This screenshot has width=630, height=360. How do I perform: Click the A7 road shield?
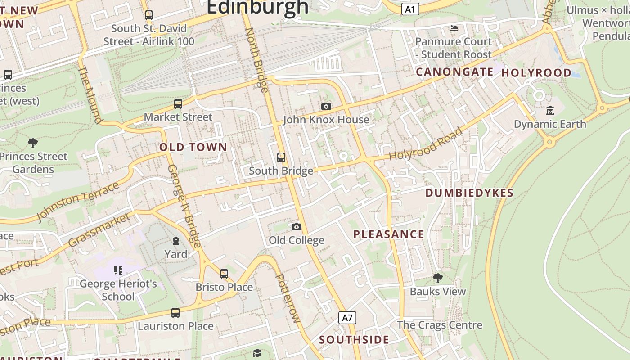click(x=347, y=318)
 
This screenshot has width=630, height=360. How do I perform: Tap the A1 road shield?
click(x=410, y=9)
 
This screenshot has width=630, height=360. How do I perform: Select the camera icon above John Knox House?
click(x=326, y=106)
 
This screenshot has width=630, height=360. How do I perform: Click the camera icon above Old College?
click(x=296, y=227)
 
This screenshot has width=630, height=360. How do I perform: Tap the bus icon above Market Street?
click(x=178, y=104)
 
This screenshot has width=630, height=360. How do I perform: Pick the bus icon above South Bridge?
click(x=281, y=157)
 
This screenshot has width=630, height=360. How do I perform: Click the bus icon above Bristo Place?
click(x=224, y=274)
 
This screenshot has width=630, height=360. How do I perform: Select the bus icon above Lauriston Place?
click(x=175, y=312)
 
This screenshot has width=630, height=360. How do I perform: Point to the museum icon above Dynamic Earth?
click(x=550, y=110)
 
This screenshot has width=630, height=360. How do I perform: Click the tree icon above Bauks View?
click(x=437, y=278)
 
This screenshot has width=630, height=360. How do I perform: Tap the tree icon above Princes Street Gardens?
click(x=32, y=143)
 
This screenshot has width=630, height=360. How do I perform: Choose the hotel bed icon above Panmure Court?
click(x=454, y=28)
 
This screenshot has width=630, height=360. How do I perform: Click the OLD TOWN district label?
click(x=193, y=147)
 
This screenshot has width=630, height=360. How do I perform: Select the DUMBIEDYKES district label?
click(x=469, y=193)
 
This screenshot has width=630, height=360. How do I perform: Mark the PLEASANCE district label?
click(x=389, y=234)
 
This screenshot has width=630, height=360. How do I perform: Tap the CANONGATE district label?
click(x=454, y=72)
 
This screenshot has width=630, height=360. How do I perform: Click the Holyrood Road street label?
click(x=426, y=144)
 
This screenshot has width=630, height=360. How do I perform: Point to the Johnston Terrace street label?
click(x=77, y=201)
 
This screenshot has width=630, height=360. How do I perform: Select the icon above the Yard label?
click(x=176, y=241)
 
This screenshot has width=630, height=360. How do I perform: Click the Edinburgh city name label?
click(x=257, y=7)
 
